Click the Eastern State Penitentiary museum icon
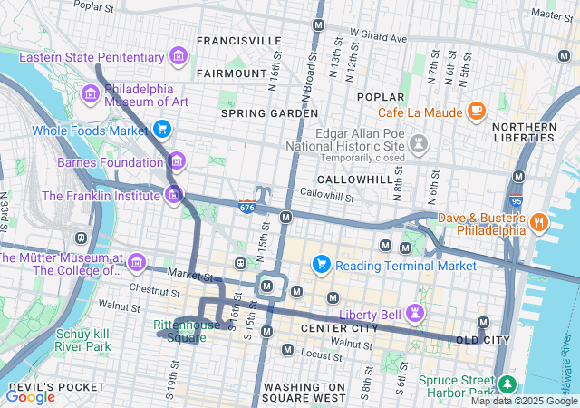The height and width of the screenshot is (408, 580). [179, 57]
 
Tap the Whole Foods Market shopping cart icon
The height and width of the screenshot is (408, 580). [162, 130]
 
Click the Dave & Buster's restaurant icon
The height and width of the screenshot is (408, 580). [538, 222]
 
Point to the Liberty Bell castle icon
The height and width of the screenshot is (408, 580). [416, 313]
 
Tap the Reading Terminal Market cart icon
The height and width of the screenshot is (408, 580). [320, 265]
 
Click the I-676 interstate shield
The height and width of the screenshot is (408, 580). [247, 207]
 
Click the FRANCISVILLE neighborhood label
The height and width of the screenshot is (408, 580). [239, 41]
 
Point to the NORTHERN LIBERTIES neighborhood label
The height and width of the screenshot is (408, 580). [524, 132]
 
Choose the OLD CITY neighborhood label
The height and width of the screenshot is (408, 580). [482, 340]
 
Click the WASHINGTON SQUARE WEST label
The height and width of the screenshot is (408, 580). [304, 392]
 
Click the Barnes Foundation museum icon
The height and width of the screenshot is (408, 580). [177, 162]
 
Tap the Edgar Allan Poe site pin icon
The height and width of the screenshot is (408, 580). [418, 143]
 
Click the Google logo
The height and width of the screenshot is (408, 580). [30, 395]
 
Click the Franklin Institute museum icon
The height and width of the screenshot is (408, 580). [173, 194]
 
